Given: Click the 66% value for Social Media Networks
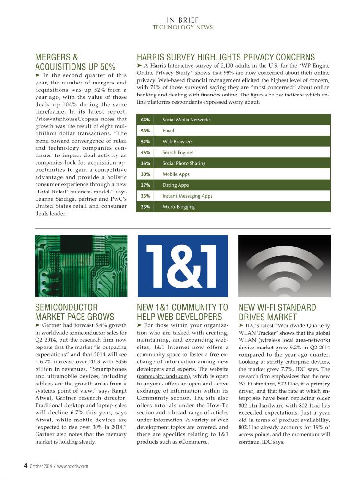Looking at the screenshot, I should pyautogui.click(x=145, y=120).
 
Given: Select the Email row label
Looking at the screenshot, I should pyautogui.click(x=168, y=131).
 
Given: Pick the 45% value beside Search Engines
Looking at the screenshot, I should pyautogui.click(x=145, y=152).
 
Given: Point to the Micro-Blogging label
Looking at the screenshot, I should pyautogui.click(x=178, y=207).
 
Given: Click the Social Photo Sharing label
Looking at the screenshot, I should pyautogui.click(x=183, y=163).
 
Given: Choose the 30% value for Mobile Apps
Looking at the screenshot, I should pyautogui.click(x=145, y=174).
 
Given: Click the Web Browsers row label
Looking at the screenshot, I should pyautogui.click(x=177, y=142).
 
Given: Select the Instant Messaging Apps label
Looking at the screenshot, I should pyautogui.click(x=187, y=196).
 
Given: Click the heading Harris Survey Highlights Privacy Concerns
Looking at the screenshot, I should pyautogui.click(x=226, y=57).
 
